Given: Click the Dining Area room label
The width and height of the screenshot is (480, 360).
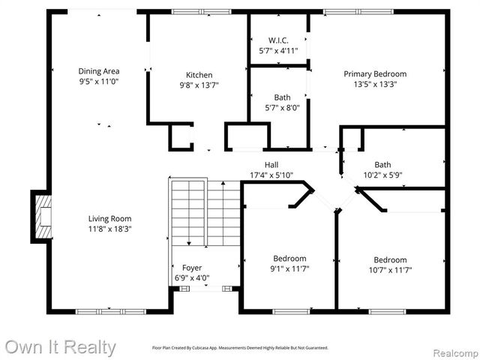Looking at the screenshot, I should (99, 71).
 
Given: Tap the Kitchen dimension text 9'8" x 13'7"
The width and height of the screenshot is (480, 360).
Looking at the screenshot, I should (199, 85).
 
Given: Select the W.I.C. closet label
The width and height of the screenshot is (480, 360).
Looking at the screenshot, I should (278, 40).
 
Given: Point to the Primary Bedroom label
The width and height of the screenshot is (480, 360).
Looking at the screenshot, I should (375, 73).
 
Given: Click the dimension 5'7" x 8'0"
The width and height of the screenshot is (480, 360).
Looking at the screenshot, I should (282, 107).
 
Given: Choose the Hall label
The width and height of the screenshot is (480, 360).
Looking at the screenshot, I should (271, 164).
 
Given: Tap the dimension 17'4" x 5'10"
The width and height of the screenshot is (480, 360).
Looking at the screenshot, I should (271, 175).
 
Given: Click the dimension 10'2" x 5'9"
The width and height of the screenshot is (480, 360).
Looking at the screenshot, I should (382, 175).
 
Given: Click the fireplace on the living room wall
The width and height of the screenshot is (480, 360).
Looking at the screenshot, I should (43, 217).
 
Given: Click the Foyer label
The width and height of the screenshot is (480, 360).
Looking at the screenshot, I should (192, 268).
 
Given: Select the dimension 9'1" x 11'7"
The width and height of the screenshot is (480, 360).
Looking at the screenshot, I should (289, 269).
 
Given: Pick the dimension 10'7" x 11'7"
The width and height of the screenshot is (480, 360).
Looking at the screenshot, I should (391, 270).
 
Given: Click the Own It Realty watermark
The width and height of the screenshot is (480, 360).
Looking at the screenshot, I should (60, 347).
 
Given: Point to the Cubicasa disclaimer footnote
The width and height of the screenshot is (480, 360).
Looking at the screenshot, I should (240, 348).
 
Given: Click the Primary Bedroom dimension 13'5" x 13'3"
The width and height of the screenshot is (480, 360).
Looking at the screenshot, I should (375, 84).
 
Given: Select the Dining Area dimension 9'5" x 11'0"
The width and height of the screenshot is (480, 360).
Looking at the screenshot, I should (99, 81).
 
